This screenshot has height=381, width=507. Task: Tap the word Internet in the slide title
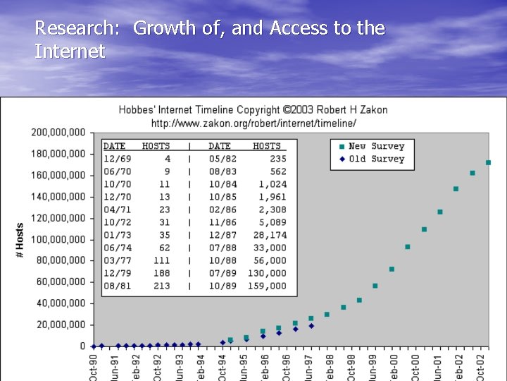[x=70, y=52]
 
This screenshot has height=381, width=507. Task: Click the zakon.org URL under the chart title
[x=253, y=123]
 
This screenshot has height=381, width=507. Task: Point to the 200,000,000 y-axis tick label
[x=58, y=132]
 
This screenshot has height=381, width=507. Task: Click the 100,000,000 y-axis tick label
[x=58, y=239]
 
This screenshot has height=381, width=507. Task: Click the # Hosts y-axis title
[x=20, y=240]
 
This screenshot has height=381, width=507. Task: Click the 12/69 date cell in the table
[x=114, y=159]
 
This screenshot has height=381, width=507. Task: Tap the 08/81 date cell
[x=114, y=286]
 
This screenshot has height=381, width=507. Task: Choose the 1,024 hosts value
[x=272, y=184]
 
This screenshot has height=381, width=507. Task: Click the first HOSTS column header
[x=156, y=146]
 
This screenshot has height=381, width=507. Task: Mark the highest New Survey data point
[x=488, y=162]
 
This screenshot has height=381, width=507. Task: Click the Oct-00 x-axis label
[x=394, y=365]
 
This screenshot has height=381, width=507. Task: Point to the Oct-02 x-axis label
[x=480, y=365]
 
